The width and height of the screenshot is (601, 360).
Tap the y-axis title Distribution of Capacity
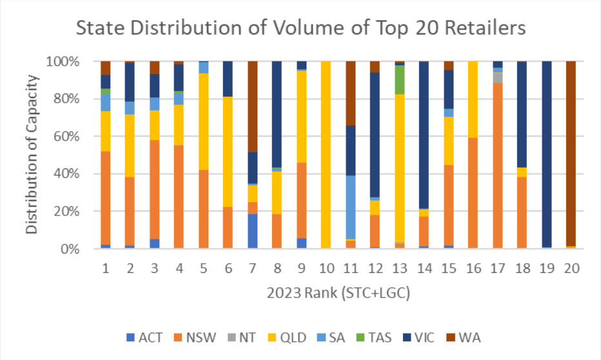[x=32, y=155]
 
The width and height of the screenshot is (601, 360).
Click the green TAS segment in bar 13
[x=400, y=79]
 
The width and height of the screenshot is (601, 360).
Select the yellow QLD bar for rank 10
[x=326, y=155]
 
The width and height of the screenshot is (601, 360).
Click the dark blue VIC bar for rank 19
[x=547, y=155]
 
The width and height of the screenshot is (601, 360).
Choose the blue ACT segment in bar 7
[x=253, y=231]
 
